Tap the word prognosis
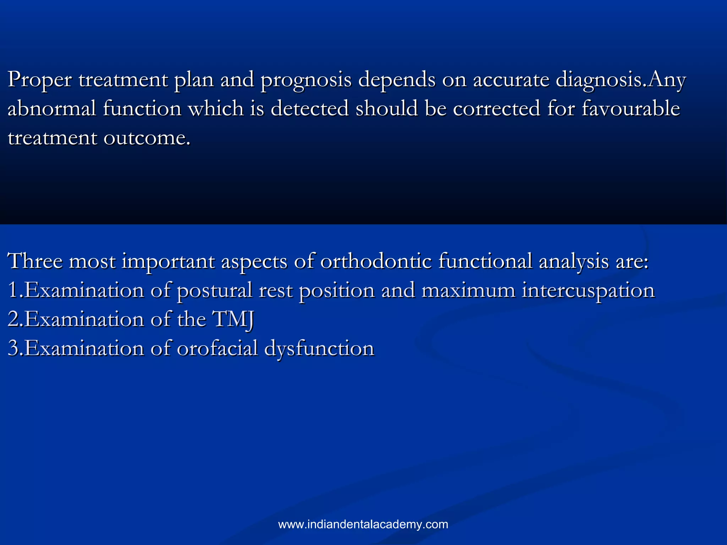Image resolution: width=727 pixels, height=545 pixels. point(306,80)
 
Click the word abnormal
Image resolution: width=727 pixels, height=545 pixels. point(52,108)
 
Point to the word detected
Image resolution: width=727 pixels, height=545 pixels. point(310,108)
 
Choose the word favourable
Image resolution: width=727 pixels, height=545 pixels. point(631,108)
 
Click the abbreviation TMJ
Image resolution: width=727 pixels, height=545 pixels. point(233,319)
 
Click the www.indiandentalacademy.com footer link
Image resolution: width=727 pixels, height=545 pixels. point(363,524)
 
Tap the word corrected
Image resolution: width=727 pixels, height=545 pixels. point(496,108)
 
